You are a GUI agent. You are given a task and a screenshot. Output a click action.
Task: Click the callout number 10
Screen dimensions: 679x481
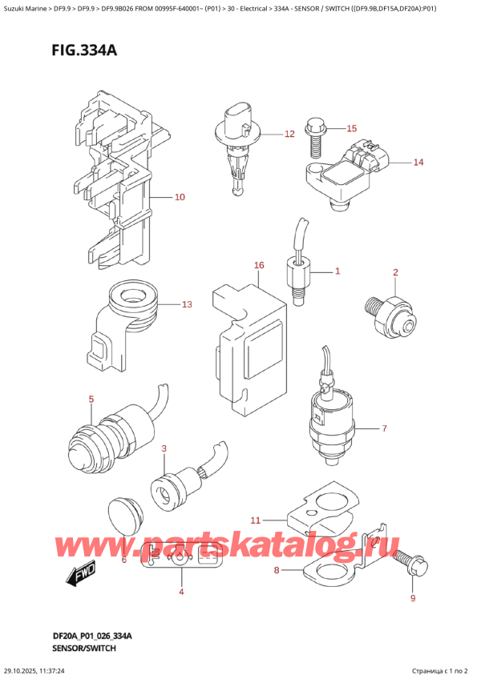[x=180, y=196]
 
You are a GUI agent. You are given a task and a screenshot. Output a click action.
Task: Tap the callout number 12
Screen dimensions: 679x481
[x=289, y=135]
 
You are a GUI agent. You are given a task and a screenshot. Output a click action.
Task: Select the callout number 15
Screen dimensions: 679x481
[x=351, y=128]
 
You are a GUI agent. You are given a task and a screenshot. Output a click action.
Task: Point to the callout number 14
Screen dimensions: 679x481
[x=418, y=163]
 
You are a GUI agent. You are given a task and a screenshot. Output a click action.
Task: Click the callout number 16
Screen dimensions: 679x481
[x=258, y=265]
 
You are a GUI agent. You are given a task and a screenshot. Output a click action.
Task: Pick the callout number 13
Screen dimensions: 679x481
[x=187, y=304]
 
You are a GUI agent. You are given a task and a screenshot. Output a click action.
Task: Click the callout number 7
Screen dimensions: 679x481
[x=384, y=428]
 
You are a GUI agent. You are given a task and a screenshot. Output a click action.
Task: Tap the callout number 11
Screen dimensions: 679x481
[x=255, y=520]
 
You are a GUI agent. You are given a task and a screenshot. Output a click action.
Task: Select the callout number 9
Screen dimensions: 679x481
[x=414, y=597]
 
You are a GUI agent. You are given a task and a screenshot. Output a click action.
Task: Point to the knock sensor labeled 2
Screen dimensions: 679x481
[x=391, y=315]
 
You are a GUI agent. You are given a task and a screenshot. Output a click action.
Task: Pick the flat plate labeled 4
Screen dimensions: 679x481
[x=181, y=554]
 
